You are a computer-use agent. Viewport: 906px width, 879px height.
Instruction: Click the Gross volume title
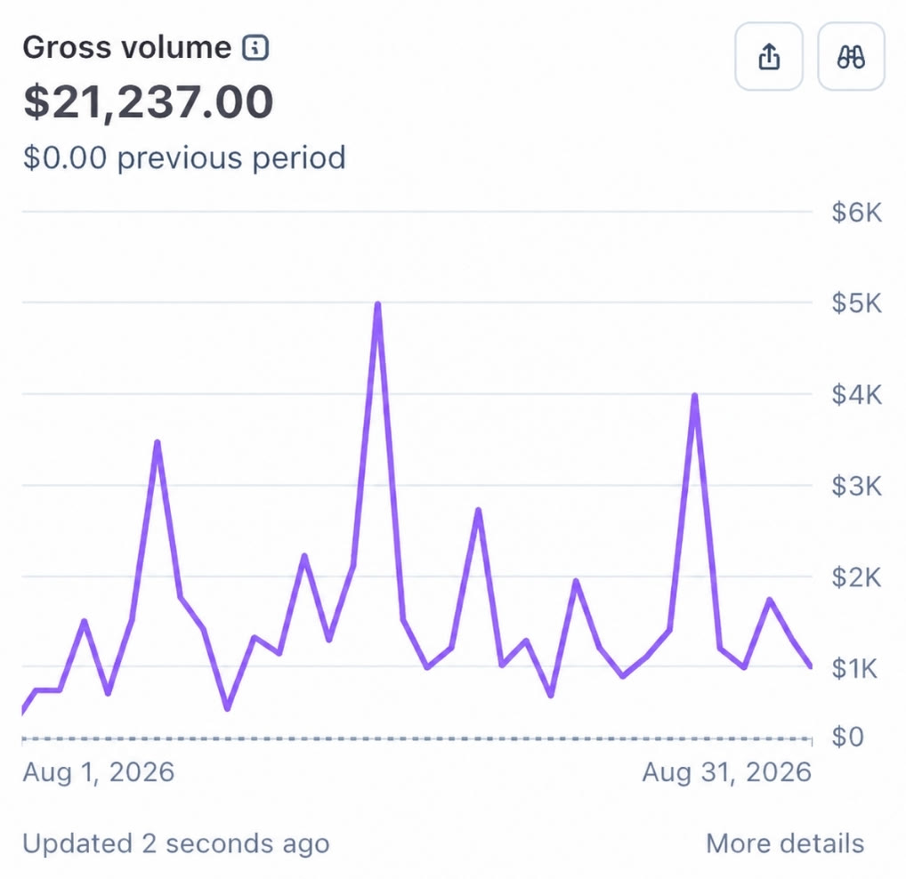click(127, 47)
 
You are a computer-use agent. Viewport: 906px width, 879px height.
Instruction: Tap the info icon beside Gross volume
click(255, 47)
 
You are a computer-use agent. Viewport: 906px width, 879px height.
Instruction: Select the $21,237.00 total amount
click(148, 102)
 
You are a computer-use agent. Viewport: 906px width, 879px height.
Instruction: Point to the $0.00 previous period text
click(184, 157)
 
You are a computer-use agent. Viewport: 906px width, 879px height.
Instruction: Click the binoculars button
click(851, 57)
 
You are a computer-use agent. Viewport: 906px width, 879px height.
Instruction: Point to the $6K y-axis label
click(857, 213)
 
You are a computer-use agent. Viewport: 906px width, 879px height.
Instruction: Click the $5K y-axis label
click(857, 303)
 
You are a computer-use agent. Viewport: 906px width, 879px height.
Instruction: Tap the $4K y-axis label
click(857, 395)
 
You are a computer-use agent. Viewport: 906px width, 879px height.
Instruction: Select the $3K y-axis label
click(857, 487)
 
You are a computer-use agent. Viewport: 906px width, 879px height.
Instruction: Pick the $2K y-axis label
click(857, 577)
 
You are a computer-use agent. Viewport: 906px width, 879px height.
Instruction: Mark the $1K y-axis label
click(855, 669)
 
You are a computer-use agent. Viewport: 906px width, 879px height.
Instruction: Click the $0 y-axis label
click(847, 737)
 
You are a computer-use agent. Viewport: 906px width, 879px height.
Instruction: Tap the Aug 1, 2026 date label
click(98, 772)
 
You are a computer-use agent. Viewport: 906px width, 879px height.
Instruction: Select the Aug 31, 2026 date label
click(727, 772)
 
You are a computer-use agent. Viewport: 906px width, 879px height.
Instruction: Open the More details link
click(785, 843)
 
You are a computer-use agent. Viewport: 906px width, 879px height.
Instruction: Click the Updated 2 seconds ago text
click(176, 843)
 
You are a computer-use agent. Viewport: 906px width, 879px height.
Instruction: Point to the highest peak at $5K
click(377, 304)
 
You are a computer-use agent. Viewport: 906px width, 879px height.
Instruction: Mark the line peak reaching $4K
click(694, 396)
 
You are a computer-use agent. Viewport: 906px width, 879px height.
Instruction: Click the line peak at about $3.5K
click(158, 443)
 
